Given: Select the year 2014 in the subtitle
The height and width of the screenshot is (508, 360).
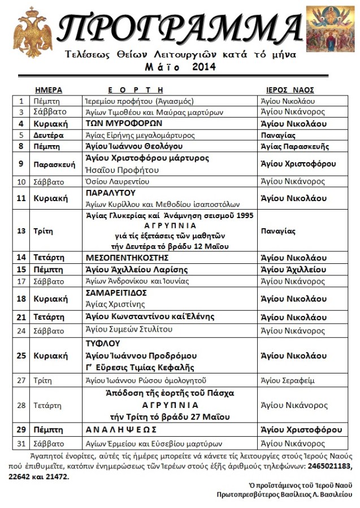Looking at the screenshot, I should (203, 67).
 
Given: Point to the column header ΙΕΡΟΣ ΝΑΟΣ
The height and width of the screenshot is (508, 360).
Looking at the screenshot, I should (290, 90).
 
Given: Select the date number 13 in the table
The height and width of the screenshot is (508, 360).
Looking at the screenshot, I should (21, 231).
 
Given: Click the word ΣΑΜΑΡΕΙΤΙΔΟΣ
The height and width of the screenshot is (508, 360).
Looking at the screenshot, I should (116, 293).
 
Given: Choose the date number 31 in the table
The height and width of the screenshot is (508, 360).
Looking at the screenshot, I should (21, 444).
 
